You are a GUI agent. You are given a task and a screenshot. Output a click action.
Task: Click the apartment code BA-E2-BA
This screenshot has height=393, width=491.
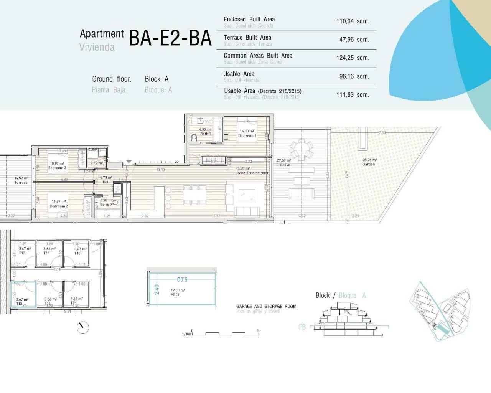coord(170,38)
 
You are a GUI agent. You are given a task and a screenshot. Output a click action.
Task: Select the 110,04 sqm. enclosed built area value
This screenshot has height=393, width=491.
coord(353,21)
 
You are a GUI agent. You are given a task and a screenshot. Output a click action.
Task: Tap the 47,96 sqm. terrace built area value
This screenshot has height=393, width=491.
coord(354,40)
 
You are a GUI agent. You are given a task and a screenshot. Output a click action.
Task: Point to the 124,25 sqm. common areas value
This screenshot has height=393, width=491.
coord(353,58)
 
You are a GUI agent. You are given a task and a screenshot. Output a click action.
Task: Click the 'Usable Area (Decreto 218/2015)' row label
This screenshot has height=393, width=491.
coord(262,91)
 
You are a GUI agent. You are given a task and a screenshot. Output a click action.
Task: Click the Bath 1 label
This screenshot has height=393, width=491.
coord(206,134)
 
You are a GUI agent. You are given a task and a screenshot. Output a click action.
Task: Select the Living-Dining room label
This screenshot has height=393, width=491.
coord(252,173)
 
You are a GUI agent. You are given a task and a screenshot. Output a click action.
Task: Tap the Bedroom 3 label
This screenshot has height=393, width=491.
coord(57,168)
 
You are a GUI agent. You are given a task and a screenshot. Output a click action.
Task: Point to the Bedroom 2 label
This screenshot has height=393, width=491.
coord(59,206)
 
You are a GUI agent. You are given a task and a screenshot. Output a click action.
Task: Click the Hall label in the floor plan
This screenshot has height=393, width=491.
coord(106,182)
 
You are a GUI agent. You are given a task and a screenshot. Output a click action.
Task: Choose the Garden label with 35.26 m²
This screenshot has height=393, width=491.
coord(369,164)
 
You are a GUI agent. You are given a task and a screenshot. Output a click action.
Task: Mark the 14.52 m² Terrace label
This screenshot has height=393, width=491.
coord(21,183)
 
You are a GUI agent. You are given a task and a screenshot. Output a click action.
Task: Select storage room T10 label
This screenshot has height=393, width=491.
coord(77,253)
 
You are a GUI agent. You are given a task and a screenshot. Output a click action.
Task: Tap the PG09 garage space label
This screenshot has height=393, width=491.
coord(175,295)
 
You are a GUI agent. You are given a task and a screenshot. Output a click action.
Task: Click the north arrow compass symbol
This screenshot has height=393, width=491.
coord(82,327)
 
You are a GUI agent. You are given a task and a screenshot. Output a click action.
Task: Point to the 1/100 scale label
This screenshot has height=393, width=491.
coord(186,334)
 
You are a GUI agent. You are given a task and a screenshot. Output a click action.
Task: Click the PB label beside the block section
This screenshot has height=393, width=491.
coord(302,327)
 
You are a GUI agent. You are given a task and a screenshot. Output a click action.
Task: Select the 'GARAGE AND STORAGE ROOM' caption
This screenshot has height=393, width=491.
coord(266,306)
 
